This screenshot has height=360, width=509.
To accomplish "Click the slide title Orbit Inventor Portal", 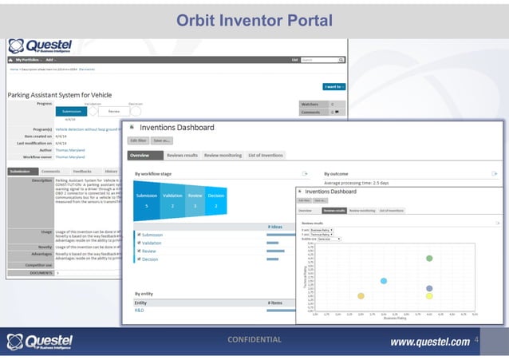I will click(x=254, y=18).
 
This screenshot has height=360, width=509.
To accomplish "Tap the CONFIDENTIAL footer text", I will click(x=254, y=340).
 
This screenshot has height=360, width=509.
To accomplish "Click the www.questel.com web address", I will click(x=429, y=342).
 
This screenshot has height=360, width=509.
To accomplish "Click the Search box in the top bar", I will click(x=322, y=59).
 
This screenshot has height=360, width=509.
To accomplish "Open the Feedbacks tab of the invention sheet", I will click(x=81, y=171).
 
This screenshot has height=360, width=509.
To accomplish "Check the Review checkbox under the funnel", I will click(x=138, y=251).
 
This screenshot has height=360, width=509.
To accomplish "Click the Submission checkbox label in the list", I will click(x=152, y=235).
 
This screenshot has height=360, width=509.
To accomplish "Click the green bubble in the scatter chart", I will click(x=429, y=258).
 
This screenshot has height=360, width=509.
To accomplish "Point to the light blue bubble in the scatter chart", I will click(x=384, y=281).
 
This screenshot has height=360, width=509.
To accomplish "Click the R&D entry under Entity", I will click(x=140, y=311).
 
